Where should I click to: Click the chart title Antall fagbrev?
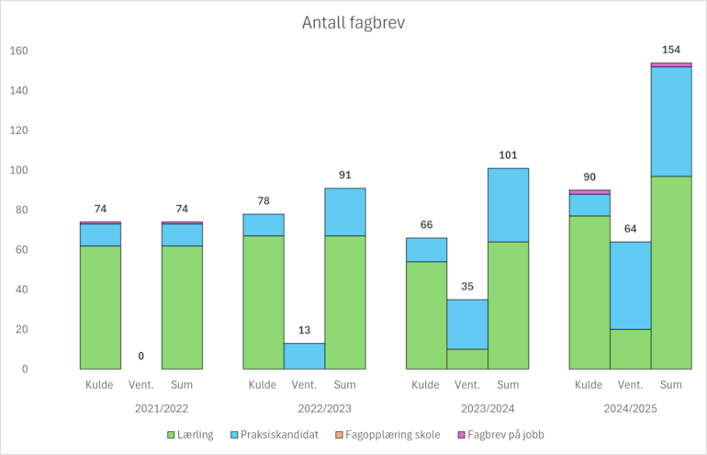click(x=353, y=23)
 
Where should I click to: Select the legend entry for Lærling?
click(x=196, y=434)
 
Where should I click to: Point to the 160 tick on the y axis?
click(x=18, y=51)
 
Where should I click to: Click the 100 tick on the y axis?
click(x=18, y=170)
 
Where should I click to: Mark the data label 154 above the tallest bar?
click(x=671, y=50)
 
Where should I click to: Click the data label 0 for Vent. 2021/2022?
click(x=141, y=356)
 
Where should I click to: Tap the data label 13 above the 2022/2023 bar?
click(x=304, y=330)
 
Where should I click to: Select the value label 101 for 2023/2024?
click(x=508, y=154)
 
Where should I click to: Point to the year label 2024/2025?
click(x=630, y=407)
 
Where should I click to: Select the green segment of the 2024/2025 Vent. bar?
click(x=630, y=349)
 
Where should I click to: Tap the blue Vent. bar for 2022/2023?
click(x=304, y=356)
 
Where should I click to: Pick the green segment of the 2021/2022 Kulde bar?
click(x=100, y=307)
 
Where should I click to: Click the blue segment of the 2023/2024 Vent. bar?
click(x=467, y=324)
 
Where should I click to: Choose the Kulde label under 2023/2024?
click(x=426, y=385)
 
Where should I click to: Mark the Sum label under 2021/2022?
click(x=182, y=385)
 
